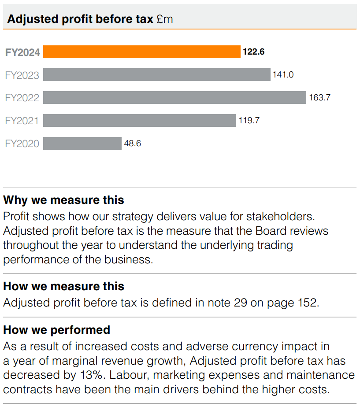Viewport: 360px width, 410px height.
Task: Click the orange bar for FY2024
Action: click(x=141, y=52)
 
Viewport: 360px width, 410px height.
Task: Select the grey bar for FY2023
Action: click(x=156, y=75)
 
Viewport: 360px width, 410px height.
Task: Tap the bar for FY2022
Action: click(x=174, y=98)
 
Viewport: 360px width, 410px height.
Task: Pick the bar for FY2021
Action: click(x=139, y=121)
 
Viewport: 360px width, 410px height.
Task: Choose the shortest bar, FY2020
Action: click(x=82, y=144)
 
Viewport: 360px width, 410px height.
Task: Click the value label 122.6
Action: click(x=253, y=52)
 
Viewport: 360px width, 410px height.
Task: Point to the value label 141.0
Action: click(x=283, y=75)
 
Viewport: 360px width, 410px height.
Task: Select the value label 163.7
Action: click(x=319, y=98)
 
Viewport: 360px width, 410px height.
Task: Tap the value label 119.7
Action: click(x=249, y=121)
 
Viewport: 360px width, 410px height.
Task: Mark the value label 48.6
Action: click(x=133, y=144)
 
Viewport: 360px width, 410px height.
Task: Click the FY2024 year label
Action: click(x=22, y=52)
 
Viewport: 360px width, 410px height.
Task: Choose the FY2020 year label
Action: click(x=22, y=144)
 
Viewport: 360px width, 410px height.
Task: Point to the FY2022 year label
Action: click(x=22, y=98)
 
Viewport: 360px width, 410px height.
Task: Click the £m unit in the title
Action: click(x=165, y=19)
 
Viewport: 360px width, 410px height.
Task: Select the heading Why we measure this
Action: click(x=63, y=200)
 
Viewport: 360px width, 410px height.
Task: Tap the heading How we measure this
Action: click(x=63, y=286)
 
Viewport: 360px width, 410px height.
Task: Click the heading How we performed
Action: click(x=56, y=329)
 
